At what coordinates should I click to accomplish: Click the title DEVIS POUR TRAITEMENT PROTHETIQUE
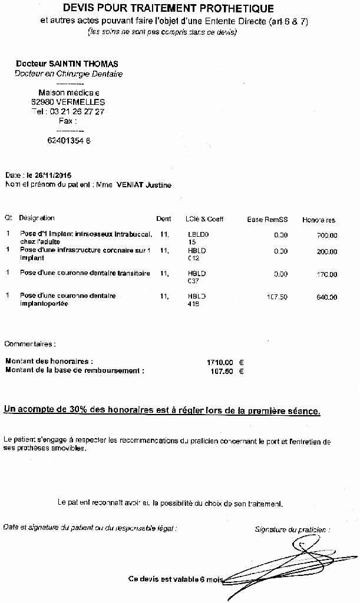[168, 9]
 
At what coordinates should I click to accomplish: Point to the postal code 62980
[42, 102]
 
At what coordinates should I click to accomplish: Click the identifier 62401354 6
[68, 141]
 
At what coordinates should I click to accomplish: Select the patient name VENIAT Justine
[144, 184]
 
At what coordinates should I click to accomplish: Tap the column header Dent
[163, 219]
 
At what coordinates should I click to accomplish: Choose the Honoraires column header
[319, 220]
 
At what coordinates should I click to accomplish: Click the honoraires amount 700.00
[326, 236]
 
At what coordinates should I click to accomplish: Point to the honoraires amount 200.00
[326, 251]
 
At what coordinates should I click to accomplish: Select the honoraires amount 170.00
[326, 274]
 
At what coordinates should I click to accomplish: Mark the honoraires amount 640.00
[326, 297]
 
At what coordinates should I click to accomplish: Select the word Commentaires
[30, 343]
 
